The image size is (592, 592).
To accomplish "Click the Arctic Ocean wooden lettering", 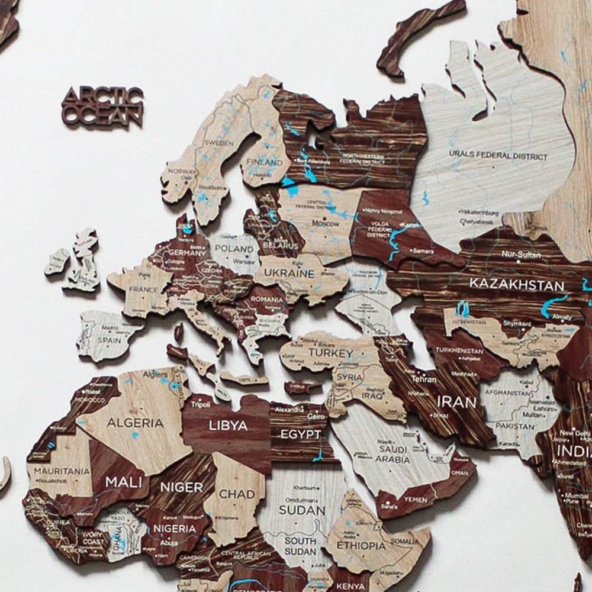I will click(102, 107).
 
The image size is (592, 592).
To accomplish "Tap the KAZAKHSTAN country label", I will click(516, 285).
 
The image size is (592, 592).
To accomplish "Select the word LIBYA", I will click(227, 426).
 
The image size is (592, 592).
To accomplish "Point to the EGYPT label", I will click(300, 435).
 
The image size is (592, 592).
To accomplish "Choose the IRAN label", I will click(456, 403).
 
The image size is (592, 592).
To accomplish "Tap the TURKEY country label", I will click(330, 353).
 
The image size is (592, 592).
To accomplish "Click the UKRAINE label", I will click(289, 274).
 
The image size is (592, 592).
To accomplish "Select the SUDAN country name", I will click(303, 510).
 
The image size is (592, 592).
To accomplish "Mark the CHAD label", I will click(237, 494).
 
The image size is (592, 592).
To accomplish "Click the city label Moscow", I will click(325, 224).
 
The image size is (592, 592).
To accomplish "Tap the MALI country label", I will click(123, 481).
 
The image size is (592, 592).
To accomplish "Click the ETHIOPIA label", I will click(361, 545).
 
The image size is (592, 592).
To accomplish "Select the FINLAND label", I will click(265, 162).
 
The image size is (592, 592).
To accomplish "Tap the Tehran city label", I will click(424, 378).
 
